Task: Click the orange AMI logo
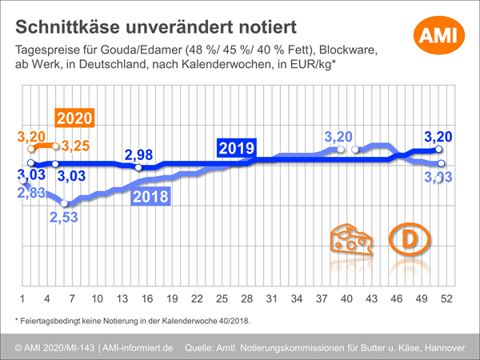pyautogui.click(x=434, y=34)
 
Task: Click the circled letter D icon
pyautogui.click(x=409, y=239)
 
